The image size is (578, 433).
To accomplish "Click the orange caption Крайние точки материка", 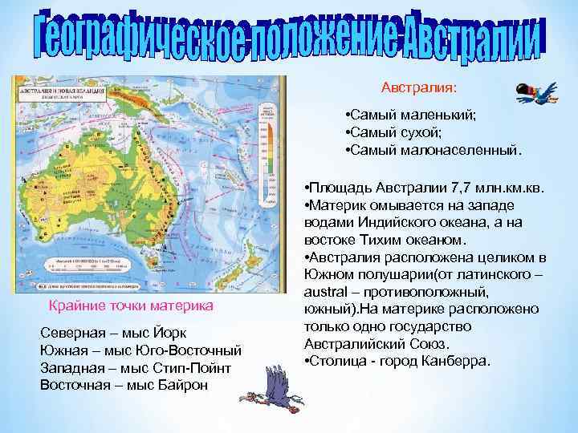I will [x=131, y=306].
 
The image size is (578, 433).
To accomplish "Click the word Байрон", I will [x=181, y=385].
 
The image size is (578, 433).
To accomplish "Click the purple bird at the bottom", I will [x=277, y=394].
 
